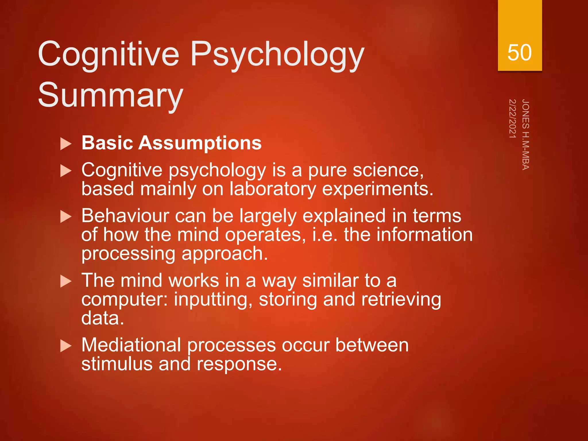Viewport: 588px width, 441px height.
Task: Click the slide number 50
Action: (519, 53)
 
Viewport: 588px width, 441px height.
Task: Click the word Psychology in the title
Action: (277, 55)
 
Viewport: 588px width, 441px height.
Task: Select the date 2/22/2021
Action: (512, 118)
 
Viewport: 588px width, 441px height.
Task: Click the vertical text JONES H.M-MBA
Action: (525, 135)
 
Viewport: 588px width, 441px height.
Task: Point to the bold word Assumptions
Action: (200, 143)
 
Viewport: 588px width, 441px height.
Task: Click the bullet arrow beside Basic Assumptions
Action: (66, 144)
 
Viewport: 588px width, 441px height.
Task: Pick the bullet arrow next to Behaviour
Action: (66, 217)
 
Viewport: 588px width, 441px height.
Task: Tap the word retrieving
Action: (401, 299)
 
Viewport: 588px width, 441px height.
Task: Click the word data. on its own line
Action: (102, 318)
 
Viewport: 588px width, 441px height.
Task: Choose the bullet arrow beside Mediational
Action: (66, 346)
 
